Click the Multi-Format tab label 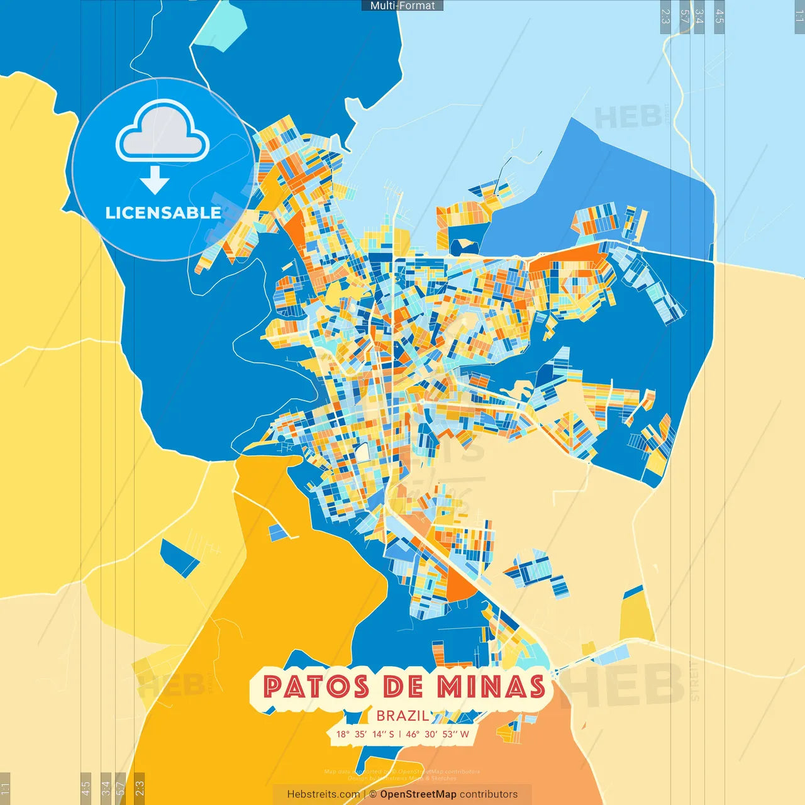[x=402, y=6]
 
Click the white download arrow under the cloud [x=155, y=180]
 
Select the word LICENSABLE [x=163, y=213]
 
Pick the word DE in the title [x=402, y=687]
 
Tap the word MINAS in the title [x=491, y=687]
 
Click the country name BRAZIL [x=402, y=716]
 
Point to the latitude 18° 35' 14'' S [x=365, y=734]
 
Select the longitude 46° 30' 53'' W [x=438, y=734]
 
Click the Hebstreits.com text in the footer [x=323, y=794]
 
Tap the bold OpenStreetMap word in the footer [x=418, y=794]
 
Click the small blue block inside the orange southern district [x=279, y=533]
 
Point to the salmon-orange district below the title [x=503, y=767]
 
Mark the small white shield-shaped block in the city [x=363, y=452]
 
